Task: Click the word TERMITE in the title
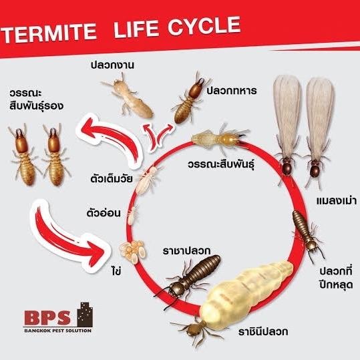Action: (x=49, y=33)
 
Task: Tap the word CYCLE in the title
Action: (x=204, y=27)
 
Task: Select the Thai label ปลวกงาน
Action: (x=112, y=65)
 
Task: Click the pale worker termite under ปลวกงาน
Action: (x=127, y=96)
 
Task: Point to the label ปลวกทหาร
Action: (x=231, y=91)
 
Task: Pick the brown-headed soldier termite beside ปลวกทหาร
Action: (x=190, y=98)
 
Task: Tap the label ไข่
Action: (x=117, y=271)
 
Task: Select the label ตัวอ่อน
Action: (x=104, y=213)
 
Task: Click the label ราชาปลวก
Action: (x=186, y=250)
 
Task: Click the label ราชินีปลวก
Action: (x=263, y=331)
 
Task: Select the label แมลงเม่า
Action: (x=337, y=201)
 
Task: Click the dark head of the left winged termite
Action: (x=287, y=168)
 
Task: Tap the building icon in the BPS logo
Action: (x=85, y=315)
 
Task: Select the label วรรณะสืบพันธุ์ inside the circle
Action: (x=221, y=164)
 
